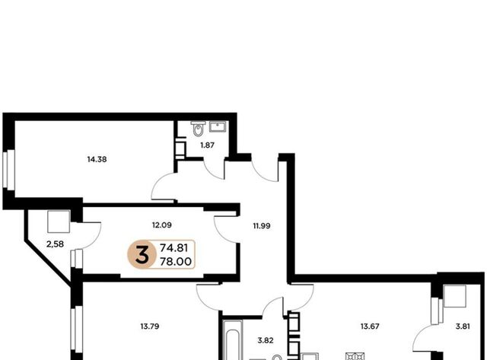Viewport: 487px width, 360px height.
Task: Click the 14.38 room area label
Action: coord(97,159)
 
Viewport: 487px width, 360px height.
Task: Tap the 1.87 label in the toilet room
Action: coord(207,145)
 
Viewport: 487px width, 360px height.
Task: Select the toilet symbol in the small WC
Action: coord(198,129)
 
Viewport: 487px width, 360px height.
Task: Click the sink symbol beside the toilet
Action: coord(218,127)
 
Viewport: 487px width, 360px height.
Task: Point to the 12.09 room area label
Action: coord(162,225)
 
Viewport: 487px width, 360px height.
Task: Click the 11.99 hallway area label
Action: coord(262,226)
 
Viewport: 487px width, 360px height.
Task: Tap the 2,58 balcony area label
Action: coord(55,244)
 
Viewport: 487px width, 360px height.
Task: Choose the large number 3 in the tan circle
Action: coord(142,254)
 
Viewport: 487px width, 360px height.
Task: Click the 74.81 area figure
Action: coord(174,248)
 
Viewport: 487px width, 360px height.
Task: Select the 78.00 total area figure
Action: coord(176,262)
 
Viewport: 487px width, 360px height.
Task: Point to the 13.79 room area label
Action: coord(150,327)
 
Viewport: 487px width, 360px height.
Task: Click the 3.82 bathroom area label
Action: coord(266,340)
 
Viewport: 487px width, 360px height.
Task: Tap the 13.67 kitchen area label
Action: coord(370,327)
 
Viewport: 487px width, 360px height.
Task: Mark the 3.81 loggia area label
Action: coord(463,327)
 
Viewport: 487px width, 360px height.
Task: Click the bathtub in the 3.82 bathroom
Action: coord(233,340)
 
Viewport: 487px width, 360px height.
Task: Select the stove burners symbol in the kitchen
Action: coord(355,356)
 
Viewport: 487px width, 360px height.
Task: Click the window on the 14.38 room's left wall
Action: coord(9,169)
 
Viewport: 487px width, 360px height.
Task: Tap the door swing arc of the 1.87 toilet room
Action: coord(214,170)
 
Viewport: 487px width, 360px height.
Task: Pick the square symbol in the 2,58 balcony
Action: coord(59,221)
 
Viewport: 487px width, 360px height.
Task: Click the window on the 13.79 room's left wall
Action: coord(77,329)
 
